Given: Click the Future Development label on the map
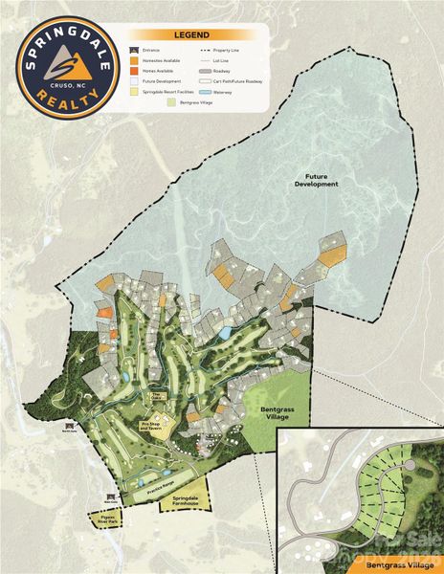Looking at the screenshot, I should click(x=322, y=180).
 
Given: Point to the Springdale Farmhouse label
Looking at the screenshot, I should click(x=182, y=501).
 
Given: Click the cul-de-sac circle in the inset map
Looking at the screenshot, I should click(x=410, y=465).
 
